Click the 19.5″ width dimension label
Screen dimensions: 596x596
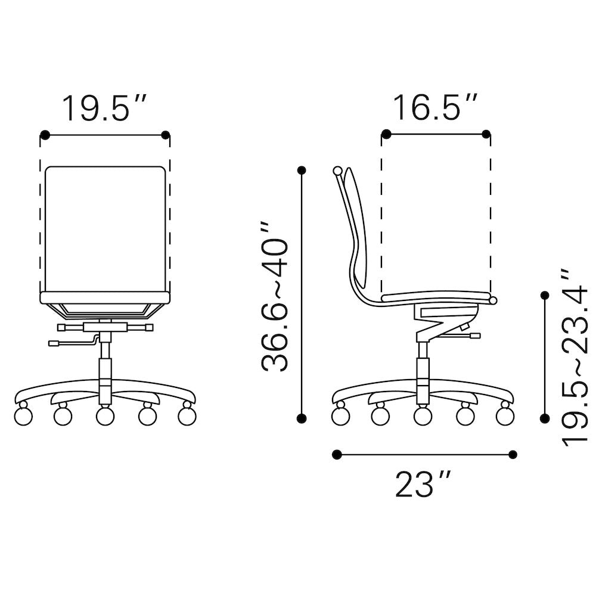click(x=104, y=108)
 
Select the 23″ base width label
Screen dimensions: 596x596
click(x=423, y=484)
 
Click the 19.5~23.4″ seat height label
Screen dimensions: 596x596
click(x=575, y=357)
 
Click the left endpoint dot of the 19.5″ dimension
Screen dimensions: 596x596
click(x=45, y=135)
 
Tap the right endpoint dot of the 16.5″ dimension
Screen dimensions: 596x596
click(x=486, y=134)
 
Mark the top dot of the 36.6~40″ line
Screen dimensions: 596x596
click(x=302, y=170)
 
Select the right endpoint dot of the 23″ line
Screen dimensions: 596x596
click(x=513, y=454)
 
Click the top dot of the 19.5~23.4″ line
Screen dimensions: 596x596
click(x=545, y=295)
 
